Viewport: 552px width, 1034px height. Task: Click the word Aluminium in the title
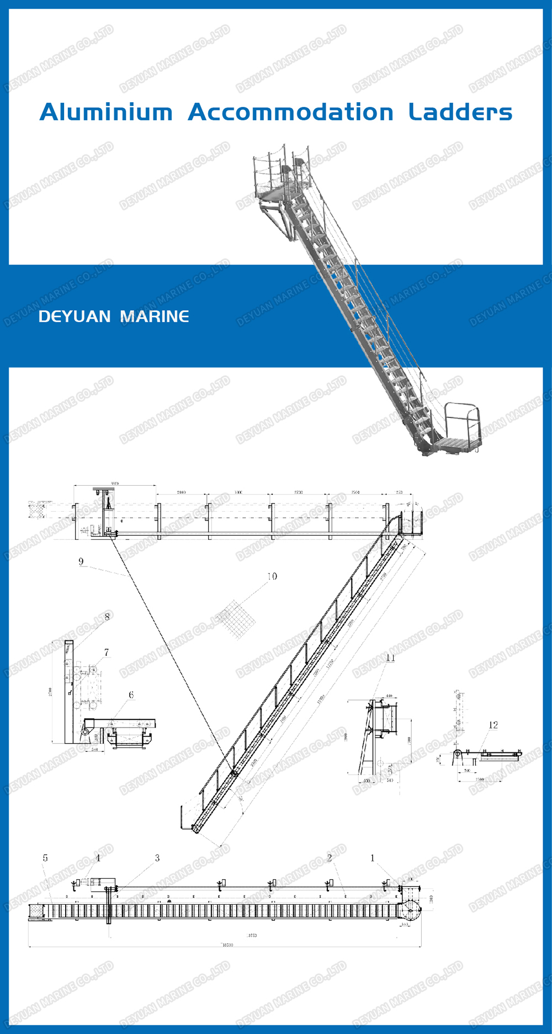pyautogui.click(x=106, y=112)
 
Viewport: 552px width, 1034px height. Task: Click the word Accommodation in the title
pyautogui.click(x=290, y=112)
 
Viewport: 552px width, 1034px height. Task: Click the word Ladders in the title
pyautogui.click(x=460, y=112)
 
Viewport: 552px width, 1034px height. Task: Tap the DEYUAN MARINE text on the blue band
pyautogui.click(x=114, y=316)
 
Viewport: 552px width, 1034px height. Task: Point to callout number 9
pyautogui.click(x=81, y=561)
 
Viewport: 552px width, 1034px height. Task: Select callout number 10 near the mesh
pyautogui.click(x=272, y=576)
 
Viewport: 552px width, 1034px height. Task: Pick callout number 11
pyautogui.click(x=390, y=657)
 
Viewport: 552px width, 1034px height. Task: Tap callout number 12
pyautogui.click(x=493, y=725)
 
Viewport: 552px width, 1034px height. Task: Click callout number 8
pyautogui.click(x=107, y=617)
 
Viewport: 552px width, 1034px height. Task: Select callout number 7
pyautogui.click(x=106, y=653)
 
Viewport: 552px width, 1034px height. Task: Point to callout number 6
pyautogui.click(x=131, y=695)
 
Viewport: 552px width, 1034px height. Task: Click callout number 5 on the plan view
pyautogui.click(x=45, y=858)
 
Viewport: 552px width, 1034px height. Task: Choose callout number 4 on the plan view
pyautogui.click(x=98, y=858)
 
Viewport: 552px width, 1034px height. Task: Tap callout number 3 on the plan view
pyautogui.click(x=157, y=858)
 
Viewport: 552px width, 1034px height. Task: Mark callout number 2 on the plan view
pyautogui.click(x=330, y=858)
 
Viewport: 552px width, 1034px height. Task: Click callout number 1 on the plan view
pyautogui.click(x=372, y=858)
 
